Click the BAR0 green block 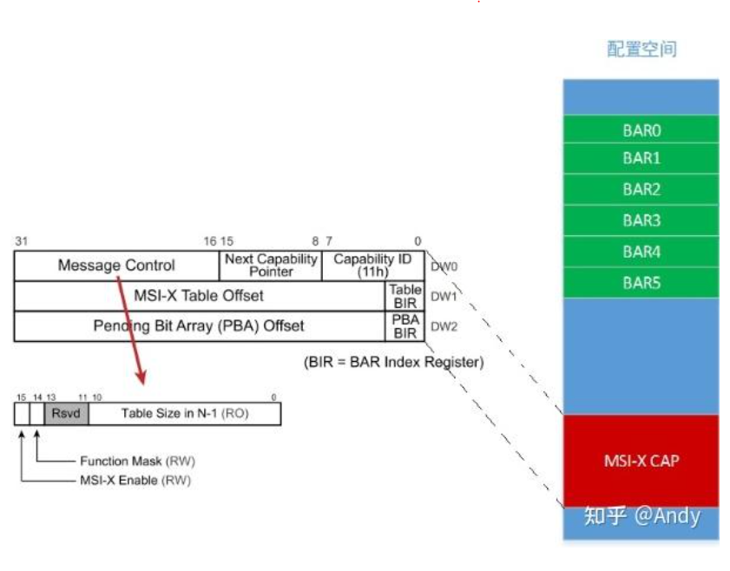coord(641,130)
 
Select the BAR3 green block coord(641,220)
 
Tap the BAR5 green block coord(641,283)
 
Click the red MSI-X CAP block coord(641,460)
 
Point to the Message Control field coord(116,266)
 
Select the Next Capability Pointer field coord(271,266)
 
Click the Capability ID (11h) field coord(373,266)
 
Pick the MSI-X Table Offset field coord(199,296)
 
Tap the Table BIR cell coord(405,296)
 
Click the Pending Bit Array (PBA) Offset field coord(199,326)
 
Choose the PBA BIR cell coord(405,326)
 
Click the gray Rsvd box coord(66,413)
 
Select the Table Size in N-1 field coord(184,413)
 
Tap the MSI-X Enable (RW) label coord(135,480)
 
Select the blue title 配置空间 coord(641,49)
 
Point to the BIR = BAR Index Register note coord(393,362)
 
